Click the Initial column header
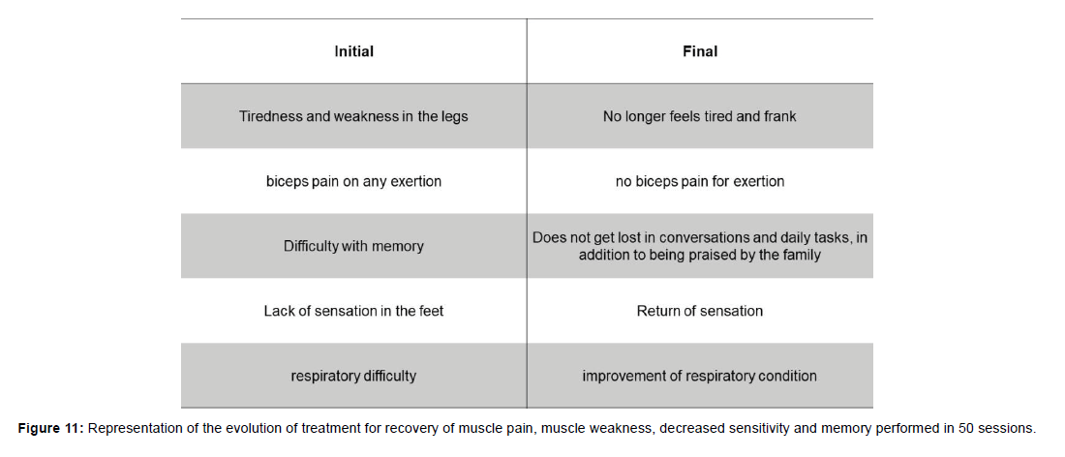(353, 51)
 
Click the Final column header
(700, 51)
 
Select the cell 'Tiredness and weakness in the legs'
(353, 116)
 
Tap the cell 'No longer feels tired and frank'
(700, 116)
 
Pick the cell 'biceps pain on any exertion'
(353, 181)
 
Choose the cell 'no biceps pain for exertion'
(700, 181)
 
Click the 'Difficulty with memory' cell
(353, 246)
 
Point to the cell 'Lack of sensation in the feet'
(353, 311)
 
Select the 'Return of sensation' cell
(700, 311)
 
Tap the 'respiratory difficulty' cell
(353, 376)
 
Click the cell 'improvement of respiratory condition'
(700, 376)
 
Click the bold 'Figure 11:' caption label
(50, 429)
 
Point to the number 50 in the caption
(966, 429)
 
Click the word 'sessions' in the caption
(1007, 429)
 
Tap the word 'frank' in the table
(781, 116)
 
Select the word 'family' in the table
(805, 256)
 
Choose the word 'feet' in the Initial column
(432, 311)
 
